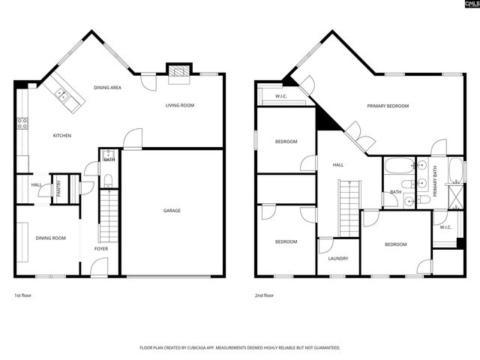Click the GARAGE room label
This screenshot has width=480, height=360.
(172, 211)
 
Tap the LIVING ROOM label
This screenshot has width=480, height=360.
(180, 106)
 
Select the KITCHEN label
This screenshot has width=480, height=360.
(61, 136)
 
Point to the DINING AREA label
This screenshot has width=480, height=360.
(108, 88)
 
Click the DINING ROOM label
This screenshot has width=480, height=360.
(51, 238)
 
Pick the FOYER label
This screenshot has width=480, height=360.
(100, 248)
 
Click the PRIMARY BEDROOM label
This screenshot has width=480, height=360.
(388, 106)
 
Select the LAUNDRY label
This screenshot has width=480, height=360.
(337, 259)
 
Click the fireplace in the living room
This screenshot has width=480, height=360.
(178, 71)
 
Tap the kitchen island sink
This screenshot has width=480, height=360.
(62, 94)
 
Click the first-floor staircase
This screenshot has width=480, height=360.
(109, 214)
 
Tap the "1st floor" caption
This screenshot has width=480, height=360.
(22, 295)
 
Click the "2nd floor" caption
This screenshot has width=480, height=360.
(264, 295)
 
